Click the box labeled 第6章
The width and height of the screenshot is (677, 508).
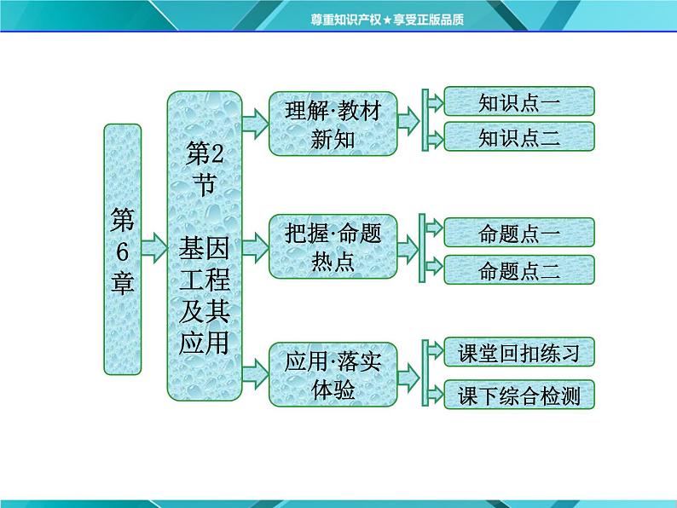pos(123,250)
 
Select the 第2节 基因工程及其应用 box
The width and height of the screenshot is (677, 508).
pos(205,245)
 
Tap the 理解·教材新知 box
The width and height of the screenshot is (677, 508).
pos(333,124)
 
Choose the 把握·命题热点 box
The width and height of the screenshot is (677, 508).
pos(333,246)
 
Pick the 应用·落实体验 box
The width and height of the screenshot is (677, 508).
pos(333,375)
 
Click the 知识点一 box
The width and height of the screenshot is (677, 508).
pos(519,101)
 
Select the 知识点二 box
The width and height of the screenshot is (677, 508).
pos(519,137)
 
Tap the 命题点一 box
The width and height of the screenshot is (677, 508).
pos(519,233)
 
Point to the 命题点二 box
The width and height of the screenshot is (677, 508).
pos(519,269)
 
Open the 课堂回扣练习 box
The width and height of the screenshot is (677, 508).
pos(519,352)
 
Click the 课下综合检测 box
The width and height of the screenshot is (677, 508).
pos(519,395)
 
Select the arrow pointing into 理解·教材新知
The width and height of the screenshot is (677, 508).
pos(256,124)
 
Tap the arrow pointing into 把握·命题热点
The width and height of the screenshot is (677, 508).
pos(256,247)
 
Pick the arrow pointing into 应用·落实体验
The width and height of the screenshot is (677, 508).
pos(256,375)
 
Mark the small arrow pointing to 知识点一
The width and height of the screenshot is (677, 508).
pos(435,102)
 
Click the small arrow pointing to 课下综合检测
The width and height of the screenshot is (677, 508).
pos(435,395)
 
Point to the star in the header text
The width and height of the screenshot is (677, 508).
pos(387,20)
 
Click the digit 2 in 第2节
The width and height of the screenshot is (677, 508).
pos(217,153)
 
